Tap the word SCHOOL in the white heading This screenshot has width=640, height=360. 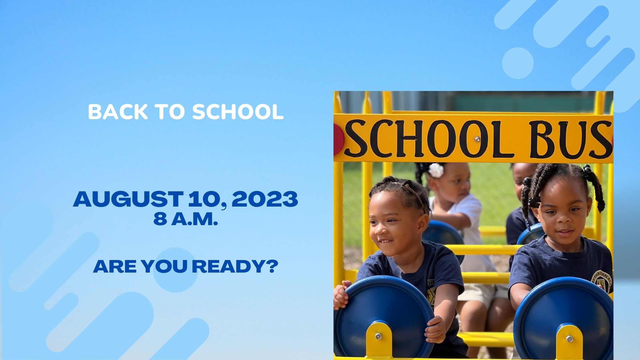click(238, 112)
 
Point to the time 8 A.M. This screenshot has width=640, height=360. click(186, 219)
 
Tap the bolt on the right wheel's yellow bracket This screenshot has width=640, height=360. click(569, 339)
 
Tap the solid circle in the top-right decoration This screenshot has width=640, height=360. click(518, 63)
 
